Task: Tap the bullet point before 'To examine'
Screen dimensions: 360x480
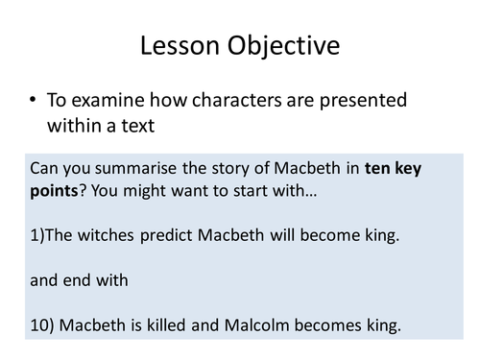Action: coord(36,100)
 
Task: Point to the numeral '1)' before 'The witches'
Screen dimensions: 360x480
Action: coord(39,233)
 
